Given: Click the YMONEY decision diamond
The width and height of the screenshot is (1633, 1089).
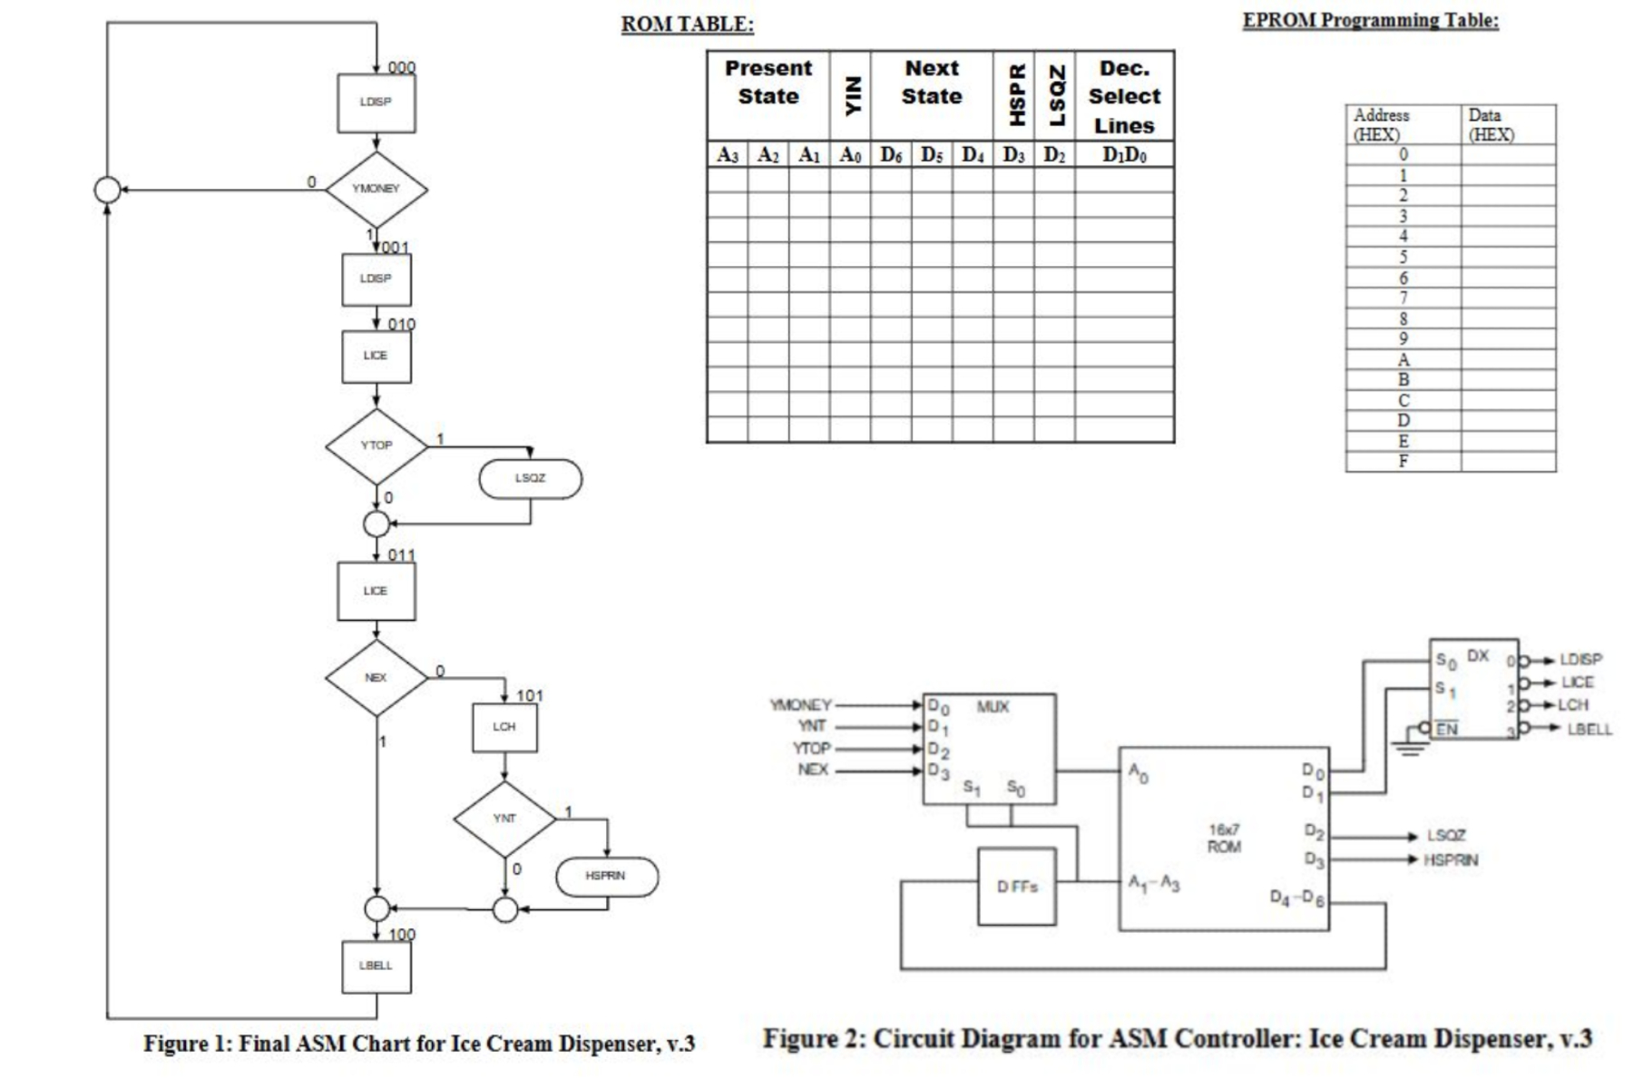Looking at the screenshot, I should point(376,189).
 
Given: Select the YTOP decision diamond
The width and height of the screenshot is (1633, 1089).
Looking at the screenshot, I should point(376,446).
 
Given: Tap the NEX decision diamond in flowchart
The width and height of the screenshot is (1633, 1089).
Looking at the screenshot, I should point(376,678).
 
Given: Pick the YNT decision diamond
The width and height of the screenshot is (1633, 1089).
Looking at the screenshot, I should point(504,819).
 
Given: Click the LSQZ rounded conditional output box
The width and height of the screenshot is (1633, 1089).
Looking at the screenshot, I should point(531,478).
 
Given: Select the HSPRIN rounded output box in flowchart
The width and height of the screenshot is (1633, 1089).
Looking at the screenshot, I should point(606,877).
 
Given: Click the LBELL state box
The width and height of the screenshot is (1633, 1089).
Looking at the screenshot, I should point(376,966).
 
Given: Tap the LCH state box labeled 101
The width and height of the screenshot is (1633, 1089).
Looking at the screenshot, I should point(504,727).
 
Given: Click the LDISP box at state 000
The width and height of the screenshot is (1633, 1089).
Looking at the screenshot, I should point(376,103).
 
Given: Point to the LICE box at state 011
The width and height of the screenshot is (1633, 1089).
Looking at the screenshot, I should point(376,591).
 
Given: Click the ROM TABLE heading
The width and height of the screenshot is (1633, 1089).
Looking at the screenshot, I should point(687,25).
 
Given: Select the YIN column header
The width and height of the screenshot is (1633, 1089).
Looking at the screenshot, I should point(850,95).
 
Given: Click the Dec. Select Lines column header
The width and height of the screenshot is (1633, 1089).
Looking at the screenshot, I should point(1124,96).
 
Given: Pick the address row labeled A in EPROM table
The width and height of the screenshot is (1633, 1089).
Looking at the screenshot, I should point(1403,360).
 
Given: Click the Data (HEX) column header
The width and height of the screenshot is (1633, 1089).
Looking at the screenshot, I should point(1491,125).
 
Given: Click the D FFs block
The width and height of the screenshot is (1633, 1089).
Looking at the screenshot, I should point(1017,887).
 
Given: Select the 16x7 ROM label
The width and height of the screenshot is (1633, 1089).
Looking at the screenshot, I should point(1223,839).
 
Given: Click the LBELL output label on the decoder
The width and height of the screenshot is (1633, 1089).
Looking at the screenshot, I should point(1589,729).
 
